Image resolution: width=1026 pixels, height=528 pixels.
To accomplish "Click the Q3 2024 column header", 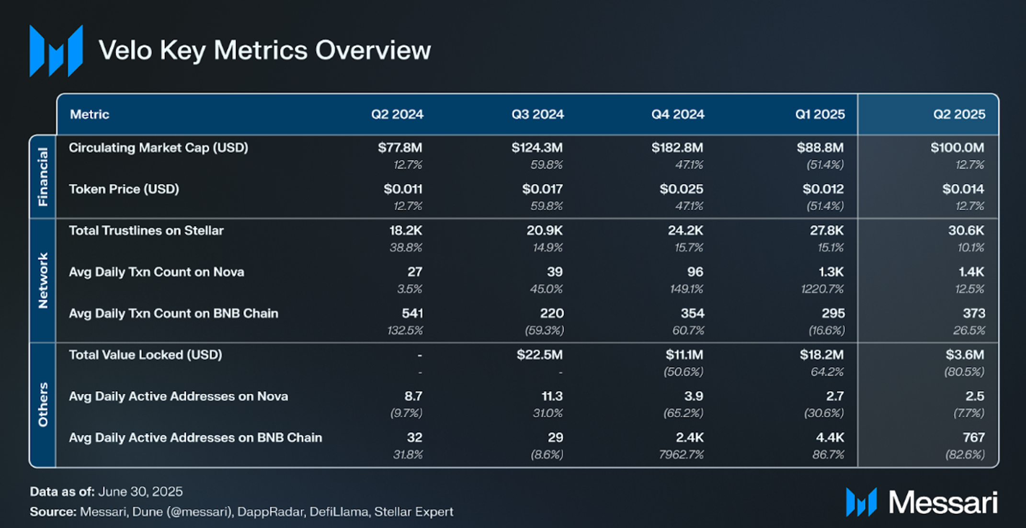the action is coord(537,114).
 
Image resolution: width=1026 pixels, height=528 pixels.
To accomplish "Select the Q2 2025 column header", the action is coord(959,114).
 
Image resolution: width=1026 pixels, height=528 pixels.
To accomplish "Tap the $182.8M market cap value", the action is coord(677,147).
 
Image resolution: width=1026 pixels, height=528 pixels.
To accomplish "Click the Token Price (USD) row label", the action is coord(124,189).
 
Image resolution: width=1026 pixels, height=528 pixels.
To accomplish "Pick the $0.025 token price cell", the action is coord(681,189).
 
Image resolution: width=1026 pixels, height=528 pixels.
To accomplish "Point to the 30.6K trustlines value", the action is coord(966,231).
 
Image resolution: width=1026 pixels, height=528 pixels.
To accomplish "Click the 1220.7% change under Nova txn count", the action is coord(822,289).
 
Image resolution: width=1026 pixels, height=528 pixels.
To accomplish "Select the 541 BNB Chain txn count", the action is coord(412,314).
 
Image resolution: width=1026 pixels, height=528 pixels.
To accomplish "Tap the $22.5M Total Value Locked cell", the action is coord(539,355).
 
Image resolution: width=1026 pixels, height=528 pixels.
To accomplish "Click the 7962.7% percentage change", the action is coord(681,454).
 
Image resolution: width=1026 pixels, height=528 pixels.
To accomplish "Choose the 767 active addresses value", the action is coord(974,438).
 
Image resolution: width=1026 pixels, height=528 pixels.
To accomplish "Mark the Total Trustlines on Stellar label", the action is coord(146,231).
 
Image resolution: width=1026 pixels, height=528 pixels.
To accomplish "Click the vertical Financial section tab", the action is coord(43,177).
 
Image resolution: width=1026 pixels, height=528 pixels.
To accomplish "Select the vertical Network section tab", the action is coord(43,281).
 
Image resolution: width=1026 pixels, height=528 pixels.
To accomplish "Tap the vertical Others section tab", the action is coord(43,404).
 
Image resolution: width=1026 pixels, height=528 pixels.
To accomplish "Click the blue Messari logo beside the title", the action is coord(56,51).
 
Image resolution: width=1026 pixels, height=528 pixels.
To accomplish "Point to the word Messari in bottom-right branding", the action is coord(943,503).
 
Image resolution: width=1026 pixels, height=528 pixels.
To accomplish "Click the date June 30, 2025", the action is coord(140,492).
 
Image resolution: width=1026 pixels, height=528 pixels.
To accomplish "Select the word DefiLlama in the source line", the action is coord(339,512).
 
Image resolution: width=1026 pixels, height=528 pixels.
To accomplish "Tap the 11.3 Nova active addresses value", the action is coord(552,396).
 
